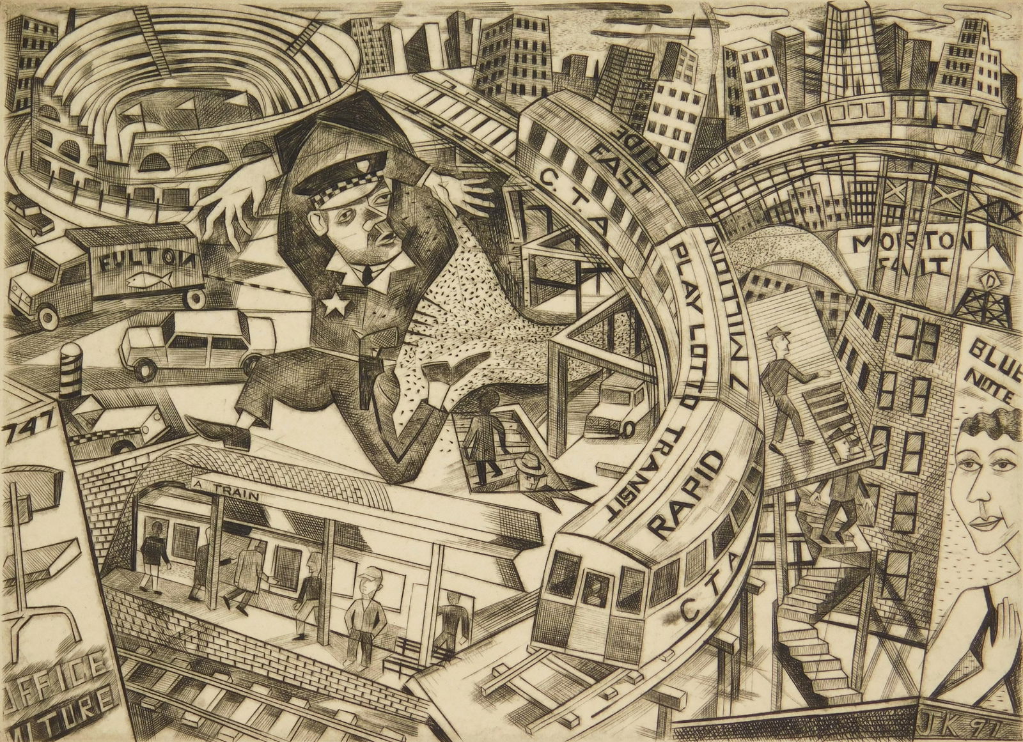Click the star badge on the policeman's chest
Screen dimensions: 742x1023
click(x=332, y=305)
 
